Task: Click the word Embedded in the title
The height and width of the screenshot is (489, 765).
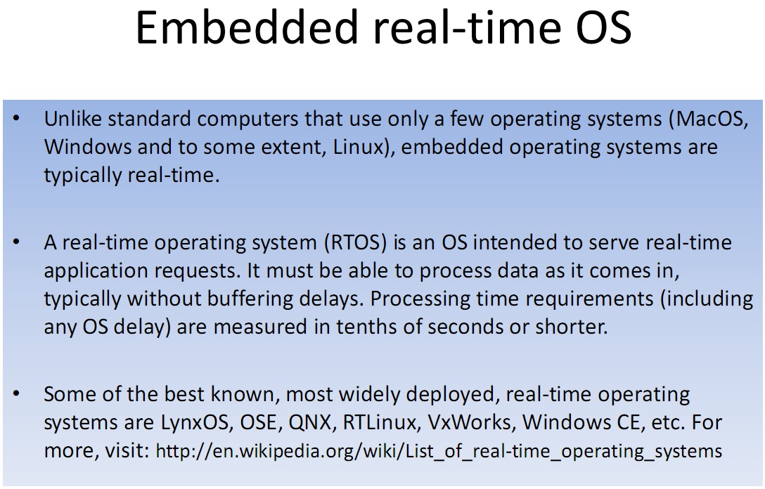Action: pyautogui.click(x=247, y=27)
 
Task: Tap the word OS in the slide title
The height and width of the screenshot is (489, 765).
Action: pyautogui.click(x=603, y=27)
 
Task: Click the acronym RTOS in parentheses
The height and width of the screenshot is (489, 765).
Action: pyautogui.click(x=356, y=242)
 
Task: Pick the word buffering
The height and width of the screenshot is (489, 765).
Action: pyautogui.click(x=250, y=299)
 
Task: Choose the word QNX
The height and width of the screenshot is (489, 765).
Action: pyautogui.click(x=310, y=422)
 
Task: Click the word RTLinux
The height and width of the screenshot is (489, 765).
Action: pyautogui.click(x=379, y=422)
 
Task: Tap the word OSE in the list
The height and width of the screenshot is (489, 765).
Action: pyautogui.click(x=259, y=422)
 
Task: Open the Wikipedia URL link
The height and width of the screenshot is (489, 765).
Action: pyautogui.click(x=439, y=451)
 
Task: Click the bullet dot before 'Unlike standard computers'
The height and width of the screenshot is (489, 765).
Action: pyautogui.click(x=17, y=119)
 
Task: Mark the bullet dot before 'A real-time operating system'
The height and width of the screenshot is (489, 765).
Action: pyautogui.click(x=17, y=242)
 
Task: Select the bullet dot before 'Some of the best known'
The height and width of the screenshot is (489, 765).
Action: pyautogui.click(x=17, y=393)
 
